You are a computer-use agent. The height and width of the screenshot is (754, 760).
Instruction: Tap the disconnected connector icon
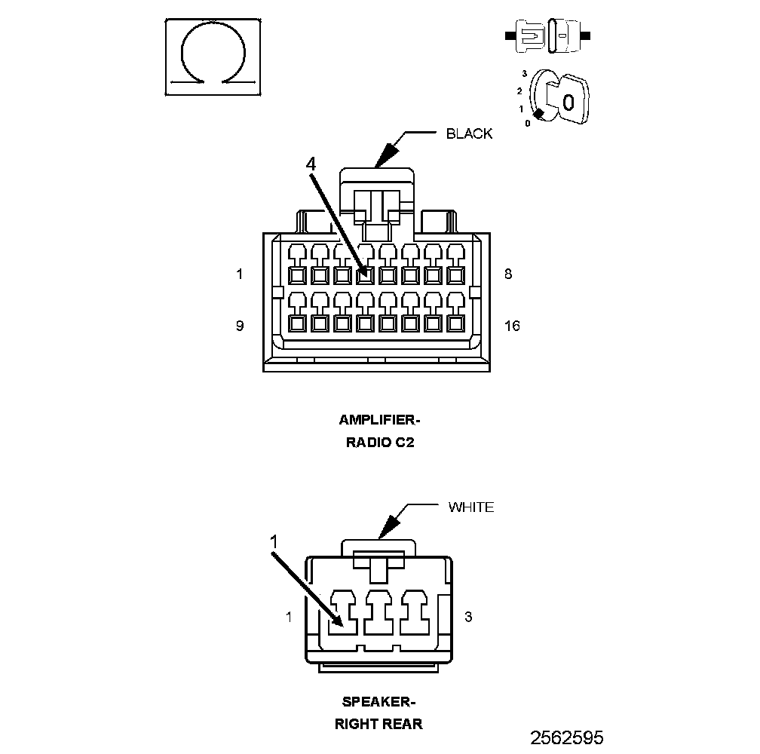pos(547,36)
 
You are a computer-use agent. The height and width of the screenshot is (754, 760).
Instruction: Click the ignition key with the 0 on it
pos(568,100)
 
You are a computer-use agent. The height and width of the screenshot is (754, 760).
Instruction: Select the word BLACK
pos(469,133)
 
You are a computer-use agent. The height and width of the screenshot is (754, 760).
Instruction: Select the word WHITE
pos(471,507)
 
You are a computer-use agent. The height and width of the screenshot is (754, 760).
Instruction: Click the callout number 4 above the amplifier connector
pos(311,164)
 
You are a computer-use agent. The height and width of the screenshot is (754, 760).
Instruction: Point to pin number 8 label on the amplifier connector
pos(508,274)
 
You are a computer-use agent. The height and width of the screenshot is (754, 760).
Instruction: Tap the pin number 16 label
pos(512,326)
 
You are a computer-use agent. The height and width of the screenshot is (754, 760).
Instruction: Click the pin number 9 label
pos(240,326)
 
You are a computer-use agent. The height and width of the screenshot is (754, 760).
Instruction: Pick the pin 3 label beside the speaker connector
pos(468,617)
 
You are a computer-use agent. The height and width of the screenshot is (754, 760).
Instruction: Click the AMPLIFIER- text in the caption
pos(379,420)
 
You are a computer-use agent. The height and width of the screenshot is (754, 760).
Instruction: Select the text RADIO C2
pos(380,443)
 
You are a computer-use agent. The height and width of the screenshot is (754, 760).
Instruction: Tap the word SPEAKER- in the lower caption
pos(379,702)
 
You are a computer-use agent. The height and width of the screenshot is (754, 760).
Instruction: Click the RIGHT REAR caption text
pos(378,724)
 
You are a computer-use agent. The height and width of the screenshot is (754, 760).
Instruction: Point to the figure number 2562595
pos(567,738)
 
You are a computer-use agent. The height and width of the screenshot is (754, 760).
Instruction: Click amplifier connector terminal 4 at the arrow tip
pos(365,275)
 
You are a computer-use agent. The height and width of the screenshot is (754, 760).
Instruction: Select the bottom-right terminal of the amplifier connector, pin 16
pos(455,323)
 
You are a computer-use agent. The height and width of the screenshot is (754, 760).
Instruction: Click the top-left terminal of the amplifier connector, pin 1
pos(297,275)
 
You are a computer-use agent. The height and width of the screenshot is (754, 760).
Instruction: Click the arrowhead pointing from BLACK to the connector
pos(387,155)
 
